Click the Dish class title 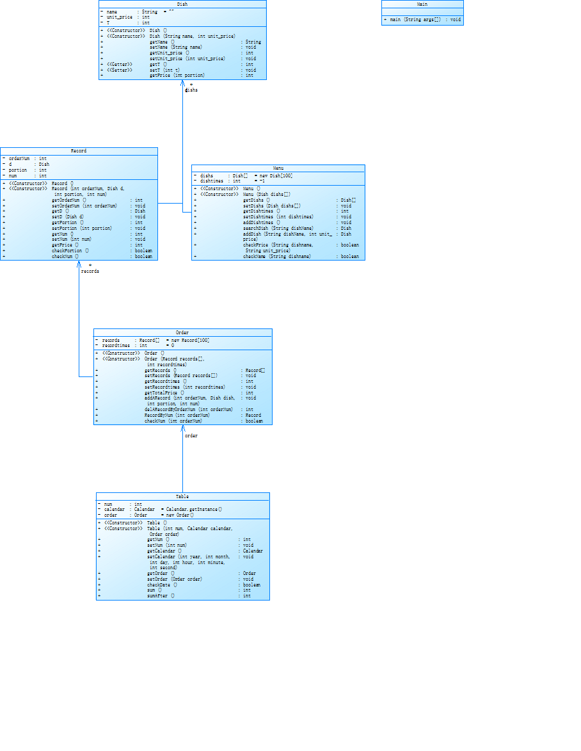[182, 4]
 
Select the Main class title [422, 4]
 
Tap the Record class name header [79, 151]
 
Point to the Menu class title [278, 168]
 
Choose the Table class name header [182, 496]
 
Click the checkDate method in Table [162, 585]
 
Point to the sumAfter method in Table [161, 596]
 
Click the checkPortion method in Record [70, 250]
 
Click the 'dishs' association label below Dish [192, 90]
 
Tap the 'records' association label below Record [90, 271]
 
